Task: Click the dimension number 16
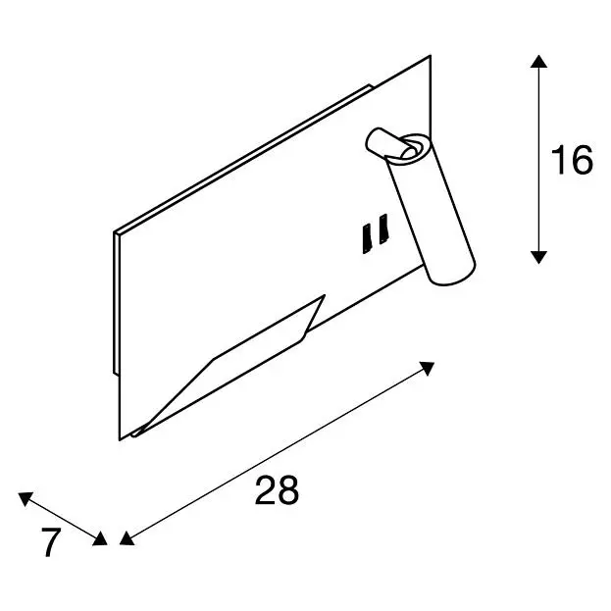(x=572, y=160)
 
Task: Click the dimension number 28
(x=277, y=489)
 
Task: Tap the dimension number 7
(x=51, y=542)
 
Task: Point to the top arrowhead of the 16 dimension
(x=538, y=61)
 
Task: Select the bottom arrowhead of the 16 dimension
(x=538, y=258)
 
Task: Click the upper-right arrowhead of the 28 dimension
(x=428, y=368)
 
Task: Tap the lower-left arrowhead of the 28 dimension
(x=127, y=538)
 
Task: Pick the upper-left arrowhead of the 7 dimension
(x=25, y=498)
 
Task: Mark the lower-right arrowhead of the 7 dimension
(x=100, y=538)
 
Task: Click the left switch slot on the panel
(x=366, y=239)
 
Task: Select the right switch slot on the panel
(x=383, y=229)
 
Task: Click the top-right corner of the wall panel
(x=431, y=56)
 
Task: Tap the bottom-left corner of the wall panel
(x=120, y=440)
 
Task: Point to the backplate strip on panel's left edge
(x=116, y=304)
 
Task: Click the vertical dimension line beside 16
(x=538, y=160)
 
